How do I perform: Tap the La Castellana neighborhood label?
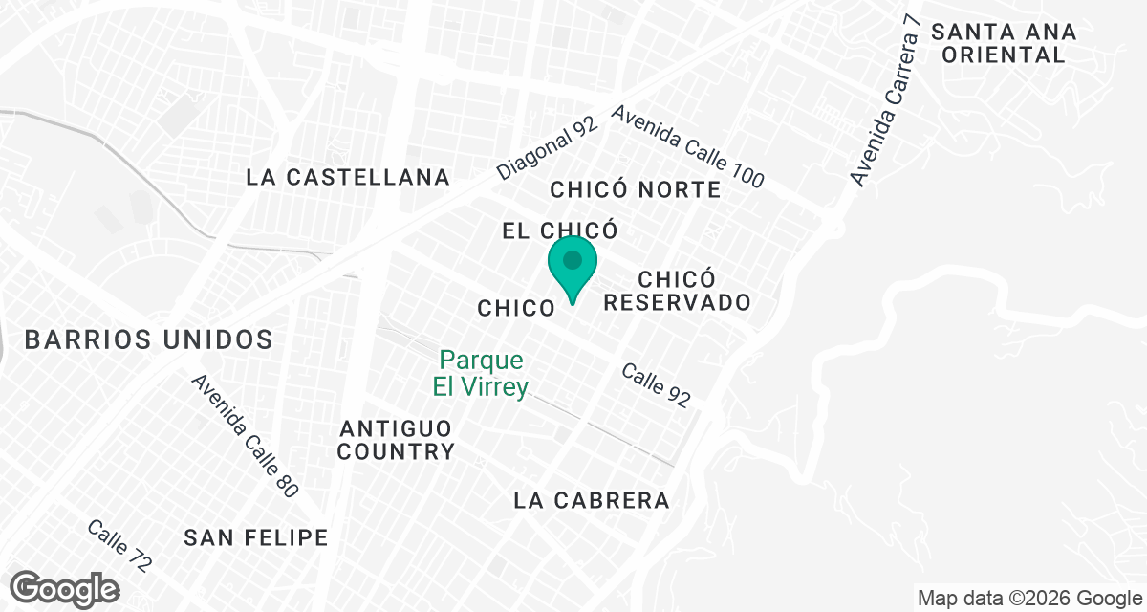coord(348,177)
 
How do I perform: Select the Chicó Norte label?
coord(636,189)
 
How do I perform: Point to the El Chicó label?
coord(560,230)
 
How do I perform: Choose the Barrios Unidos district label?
coord(149,339)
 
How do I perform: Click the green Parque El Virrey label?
coord(483,375)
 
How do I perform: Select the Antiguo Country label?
coord(395,439)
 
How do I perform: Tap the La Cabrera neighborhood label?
coord(592,500)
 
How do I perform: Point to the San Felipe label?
coord(256,537)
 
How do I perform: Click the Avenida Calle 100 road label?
coord(688,146)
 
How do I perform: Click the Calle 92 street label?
coord(656,385)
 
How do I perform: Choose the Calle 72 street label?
coord(119,546)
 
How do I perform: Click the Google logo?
coord(65,588)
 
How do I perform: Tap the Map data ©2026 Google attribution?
coord(1030,599)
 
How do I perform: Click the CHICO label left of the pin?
coord(516,308)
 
